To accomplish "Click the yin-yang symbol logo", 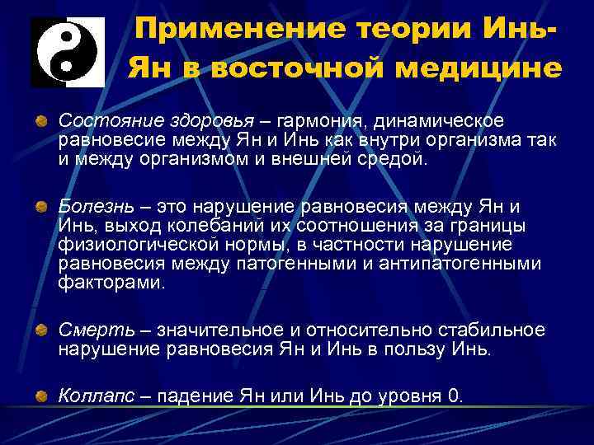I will coord(64,52).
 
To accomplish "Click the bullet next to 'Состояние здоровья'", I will coord(40,122).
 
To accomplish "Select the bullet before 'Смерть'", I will coord(40,330).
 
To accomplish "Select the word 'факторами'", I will coord(111,282).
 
